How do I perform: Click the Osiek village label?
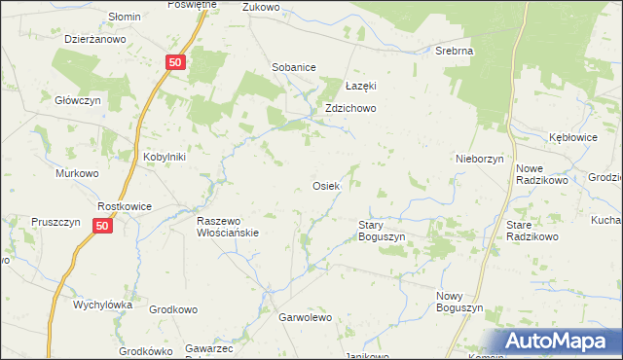point(325,186)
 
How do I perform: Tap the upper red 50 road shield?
point(174,61)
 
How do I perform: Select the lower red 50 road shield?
point(104,225)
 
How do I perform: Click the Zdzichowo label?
point(350,109)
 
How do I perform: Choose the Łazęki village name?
point(360,86)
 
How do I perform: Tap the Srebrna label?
point(455,50)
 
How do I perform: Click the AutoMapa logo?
point(560,342)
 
